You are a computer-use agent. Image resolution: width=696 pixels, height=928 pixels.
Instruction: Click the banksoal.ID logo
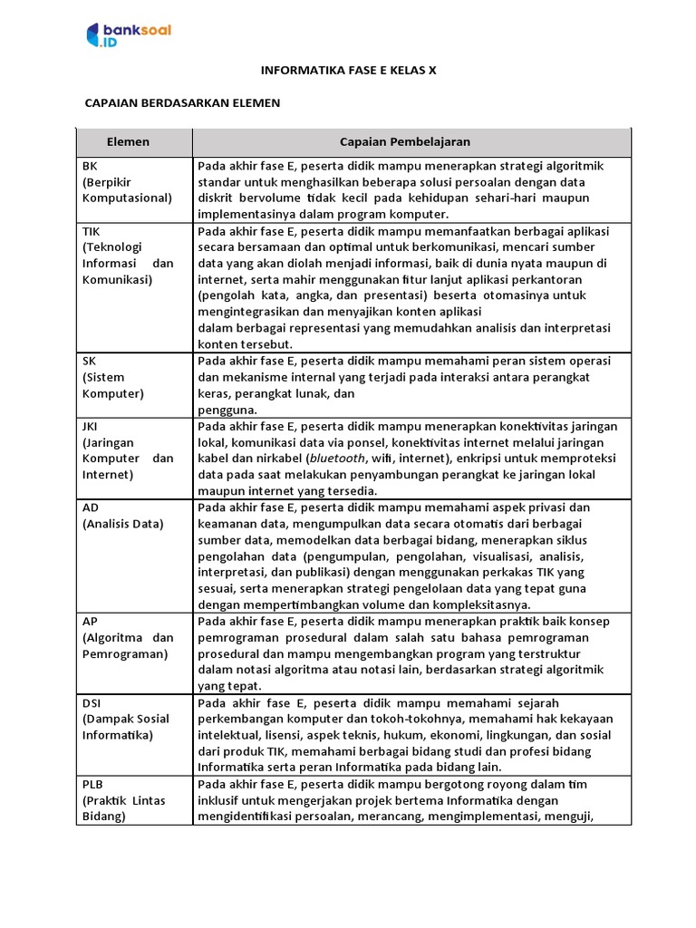[129, 35]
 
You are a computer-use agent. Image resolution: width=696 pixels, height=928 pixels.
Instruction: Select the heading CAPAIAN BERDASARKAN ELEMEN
[182, 103]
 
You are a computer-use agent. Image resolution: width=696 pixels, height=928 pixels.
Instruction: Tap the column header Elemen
[128, 142]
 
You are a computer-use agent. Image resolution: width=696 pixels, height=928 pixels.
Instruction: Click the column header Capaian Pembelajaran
[404, 142]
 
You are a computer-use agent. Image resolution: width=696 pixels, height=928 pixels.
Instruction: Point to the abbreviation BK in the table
[90, 166]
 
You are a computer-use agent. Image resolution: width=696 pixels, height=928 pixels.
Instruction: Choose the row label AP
[90, 622]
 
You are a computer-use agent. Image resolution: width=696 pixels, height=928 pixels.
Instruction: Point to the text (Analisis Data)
[123, 524]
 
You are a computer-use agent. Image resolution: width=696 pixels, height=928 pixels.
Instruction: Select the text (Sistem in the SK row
[103, 377]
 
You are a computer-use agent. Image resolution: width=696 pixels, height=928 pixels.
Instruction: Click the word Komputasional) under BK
[126, 198]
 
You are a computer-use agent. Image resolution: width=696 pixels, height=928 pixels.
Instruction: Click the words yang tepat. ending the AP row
[227, 687]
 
